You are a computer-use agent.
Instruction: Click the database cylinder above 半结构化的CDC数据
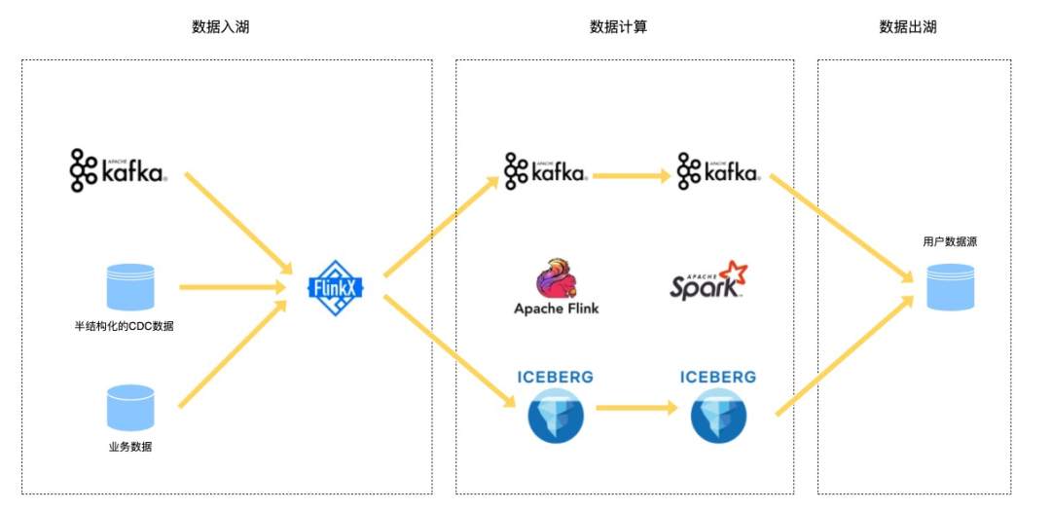pyautogui.click(x=130, y=287)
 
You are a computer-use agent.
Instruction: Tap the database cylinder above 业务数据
pyautogui.click(x=130, y=408)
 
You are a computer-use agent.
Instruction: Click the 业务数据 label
pyautogui.click(x=129, y=447)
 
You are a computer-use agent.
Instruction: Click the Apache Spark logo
pyautogui.click(x=707, y=279)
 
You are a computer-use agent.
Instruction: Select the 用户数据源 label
pyautogui.click(x=950, y=241)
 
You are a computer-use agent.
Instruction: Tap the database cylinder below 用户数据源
pyautogui.click(x=950, y=286)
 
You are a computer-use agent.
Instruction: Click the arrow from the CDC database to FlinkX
pyautogui.click(x=232, y=287)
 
